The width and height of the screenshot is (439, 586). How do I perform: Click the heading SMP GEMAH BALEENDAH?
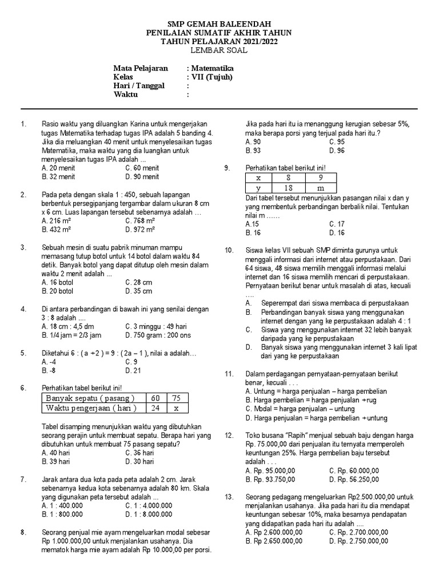click(x=219, y=23)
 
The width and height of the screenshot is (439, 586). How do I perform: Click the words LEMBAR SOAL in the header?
click(x=219, y=50)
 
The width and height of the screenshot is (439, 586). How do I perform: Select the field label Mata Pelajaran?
click(x=141, y=68)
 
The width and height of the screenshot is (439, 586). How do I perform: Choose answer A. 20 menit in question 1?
click(x=58, y=168)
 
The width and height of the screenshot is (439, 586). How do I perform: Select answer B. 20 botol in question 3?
click(x=58, y=291)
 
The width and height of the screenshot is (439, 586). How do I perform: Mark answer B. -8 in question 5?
click(x=49, y=370)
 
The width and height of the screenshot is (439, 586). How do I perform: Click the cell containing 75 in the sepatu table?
click(x=176, y=398)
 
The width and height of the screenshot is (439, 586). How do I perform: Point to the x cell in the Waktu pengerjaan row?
click(x=176, y=408)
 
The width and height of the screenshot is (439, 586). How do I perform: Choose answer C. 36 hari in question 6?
click(x=140, y=453)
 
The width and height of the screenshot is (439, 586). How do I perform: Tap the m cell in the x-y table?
click(x=320, y=188)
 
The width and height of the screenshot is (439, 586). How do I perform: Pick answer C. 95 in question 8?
click(x=337, y=142)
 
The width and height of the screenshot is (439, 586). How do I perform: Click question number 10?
click(x=229, y=250)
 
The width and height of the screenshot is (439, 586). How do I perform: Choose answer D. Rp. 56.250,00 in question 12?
click(x=358, y=479)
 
